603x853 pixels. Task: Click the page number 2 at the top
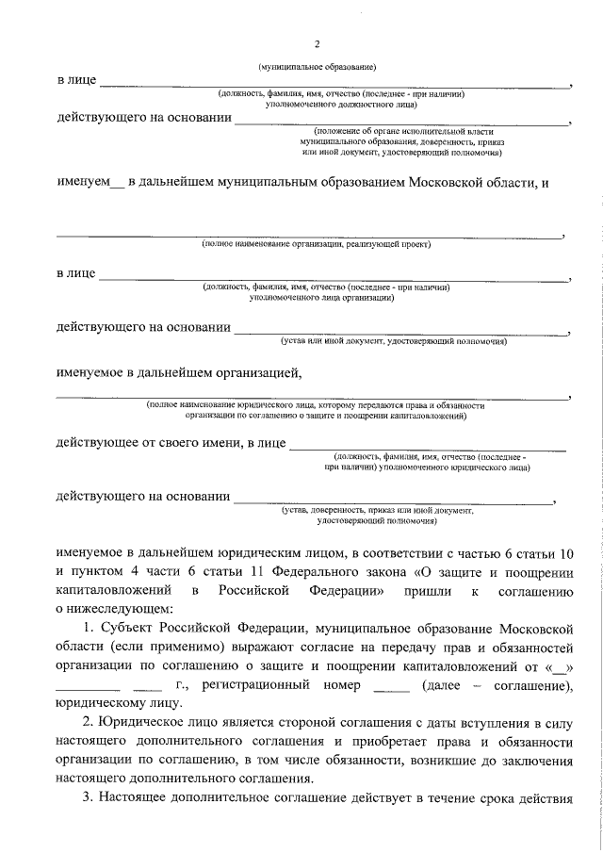click(x=318, y=44)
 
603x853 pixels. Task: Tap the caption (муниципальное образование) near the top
click(x=318, y=67)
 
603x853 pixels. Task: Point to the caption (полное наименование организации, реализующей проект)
click(x=316, y=244)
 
